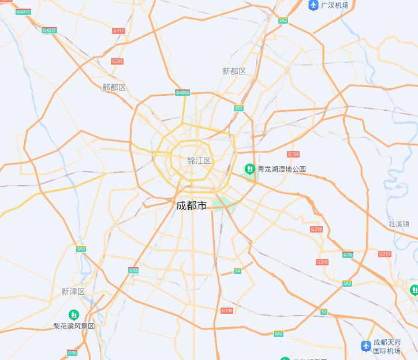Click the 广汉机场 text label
335,5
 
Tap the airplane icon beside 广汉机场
313,5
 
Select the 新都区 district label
234,71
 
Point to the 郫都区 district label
114,87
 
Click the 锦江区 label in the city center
199,160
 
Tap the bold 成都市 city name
191,205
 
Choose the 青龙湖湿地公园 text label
282,169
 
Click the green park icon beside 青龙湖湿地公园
249,169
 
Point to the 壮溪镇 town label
399,224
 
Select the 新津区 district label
73,291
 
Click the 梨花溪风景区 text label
74,326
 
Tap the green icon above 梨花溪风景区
73,314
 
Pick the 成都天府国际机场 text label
387,346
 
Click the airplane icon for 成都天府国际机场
365,346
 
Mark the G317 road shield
118,31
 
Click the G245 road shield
117,61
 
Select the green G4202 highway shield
182,92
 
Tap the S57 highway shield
238,108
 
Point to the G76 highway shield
348,254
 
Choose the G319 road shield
385,254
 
